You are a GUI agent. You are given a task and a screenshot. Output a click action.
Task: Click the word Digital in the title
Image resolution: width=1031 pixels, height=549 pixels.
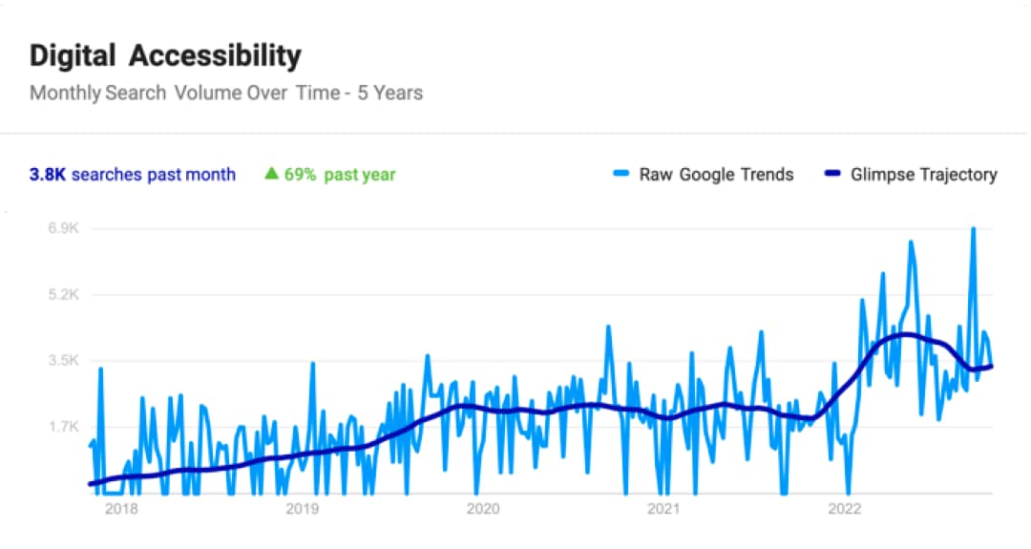coord(74,55)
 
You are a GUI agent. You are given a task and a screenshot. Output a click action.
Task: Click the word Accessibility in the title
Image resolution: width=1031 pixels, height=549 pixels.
coord(215,55)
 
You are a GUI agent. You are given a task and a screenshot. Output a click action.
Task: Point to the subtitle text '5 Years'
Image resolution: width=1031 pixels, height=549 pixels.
coord(390,93)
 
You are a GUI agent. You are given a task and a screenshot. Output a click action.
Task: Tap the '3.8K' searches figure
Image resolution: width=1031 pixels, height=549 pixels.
coord(48,175)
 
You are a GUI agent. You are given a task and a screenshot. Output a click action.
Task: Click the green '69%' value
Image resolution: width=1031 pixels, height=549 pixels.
coord(301,175)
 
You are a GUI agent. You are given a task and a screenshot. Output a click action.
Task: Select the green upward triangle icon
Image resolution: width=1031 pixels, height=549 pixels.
coord(271,174)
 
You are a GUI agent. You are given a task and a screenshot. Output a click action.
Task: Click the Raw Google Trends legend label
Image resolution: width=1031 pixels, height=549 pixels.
coord(716,175)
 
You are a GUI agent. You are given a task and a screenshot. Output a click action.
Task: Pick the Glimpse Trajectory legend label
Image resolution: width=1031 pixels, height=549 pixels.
coord(924,175)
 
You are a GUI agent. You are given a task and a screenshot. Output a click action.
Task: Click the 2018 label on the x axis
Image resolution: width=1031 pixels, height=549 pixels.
coord(121,509)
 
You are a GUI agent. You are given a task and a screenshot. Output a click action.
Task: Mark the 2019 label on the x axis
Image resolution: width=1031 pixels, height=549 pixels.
coord(302,509)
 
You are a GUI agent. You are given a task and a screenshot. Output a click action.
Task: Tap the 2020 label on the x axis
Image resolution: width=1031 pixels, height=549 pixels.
coord(483,509)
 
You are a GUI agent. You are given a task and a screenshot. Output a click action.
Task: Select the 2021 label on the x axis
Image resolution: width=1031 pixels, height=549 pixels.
coord(663,509)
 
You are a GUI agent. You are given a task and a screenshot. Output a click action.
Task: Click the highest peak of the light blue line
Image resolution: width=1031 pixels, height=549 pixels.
coord(973,229)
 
